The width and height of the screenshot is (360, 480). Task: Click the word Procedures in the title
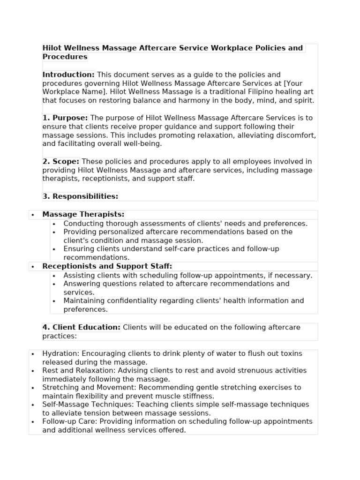coord(65,57)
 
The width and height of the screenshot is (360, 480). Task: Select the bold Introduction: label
coord(68,75)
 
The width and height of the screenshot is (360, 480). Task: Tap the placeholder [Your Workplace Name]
coord(66,92)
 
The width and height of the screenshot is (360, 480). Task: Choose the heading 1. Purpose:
coord(65,118)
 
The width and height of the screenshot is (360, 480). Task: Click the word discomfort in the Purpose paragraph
coord(297,135)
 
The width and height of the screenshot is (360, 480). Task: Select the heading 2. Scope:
coord(61,161)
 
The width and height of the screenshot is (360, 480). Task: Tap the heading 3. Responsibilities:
coord(80,196)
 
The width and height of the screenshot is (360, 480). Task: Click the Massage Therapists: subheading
coord(83,214)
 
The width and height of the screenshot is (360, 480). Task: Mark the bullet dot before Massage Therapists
coord(33,215)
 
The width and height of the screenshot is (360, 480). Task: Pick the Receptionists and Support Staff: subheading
coord(107,266)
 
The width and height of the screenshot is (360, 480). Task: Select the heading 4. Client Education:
coord(81,327)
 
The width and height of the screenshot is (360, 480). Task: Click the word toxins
coord(291,353)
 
